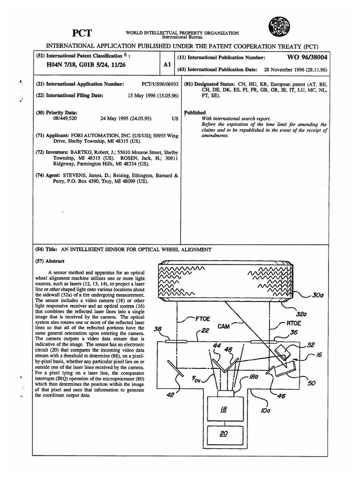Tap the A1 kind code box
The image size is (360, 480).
click(x=167, y=66)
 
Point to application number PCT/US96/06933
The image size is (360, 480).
click(x=160, y=84)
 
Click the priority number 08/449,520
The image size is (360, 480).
click(x=57, y=119)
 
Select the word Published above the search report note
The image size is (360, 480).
click(x=195, y=112)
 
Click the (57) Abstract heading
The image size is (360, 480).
click(x=50, y=261)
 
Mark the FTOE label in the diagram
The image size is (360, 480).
click(x=201, y=318)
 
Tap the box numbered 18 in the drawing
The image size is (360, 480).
click(x=224, y=409)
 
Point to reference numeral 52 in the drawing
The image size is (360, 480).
click(x=310, y=345)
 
